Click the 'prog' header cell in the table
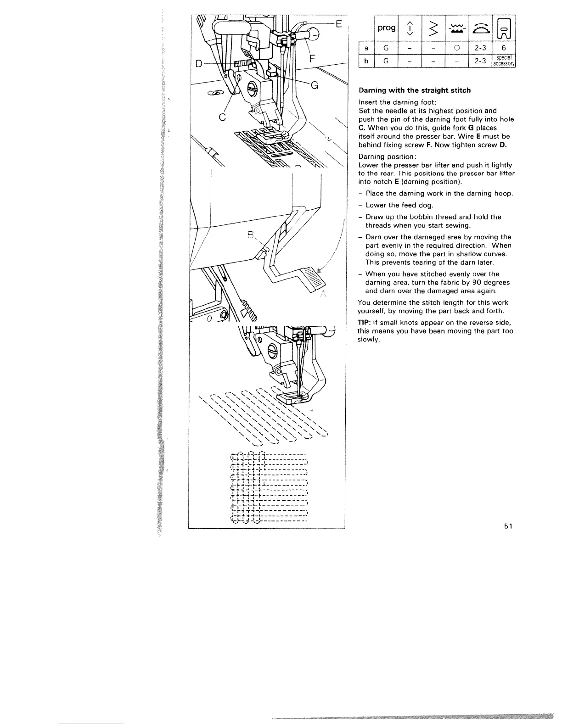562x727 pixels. (x=386, y=28)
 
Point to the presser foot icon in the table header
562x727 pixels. (x=504, y=28)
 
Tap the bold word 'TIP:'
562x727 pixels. (x=366, y=323)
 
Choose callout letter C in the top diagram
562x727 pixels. (x=222, y=117)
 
